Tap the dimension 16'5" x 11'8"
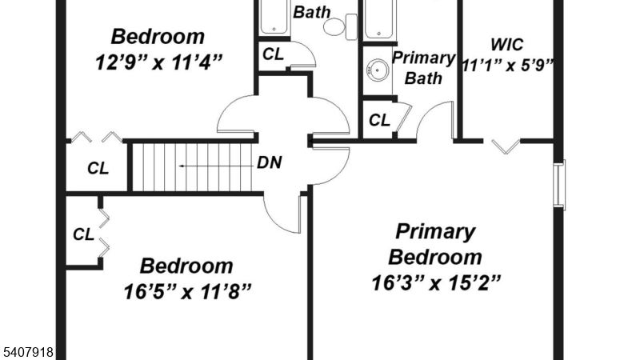pyautogui.click(x=187, y=290)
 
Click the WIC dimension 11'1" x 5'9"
pyautogui.click(x=508, y=65)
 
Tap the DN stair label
pyautogui.click(x=269, y=162)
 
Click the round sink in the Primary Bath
pyautogui.click(x=375, y=70)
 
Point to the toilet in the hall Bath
pyautogui.click(x=336, y=27)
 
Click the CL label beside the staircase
pyautogui.click(x=98, y=168)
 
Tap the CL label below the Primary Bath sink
pyautogui.click(x=379, y=121)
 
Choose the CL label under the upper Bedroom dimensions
pyautogui.click(x=273, y=55)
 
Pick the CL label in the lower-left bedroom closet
pyautogui.click(x=83, y=235)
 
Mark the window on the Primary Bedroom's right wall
pyautogui.click(x=560, y=186)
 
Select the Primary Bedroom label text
pyautogui.click(x=435, y=244)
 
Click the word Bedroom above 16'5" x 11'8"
pyautogui.click(x=187, y=266)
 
